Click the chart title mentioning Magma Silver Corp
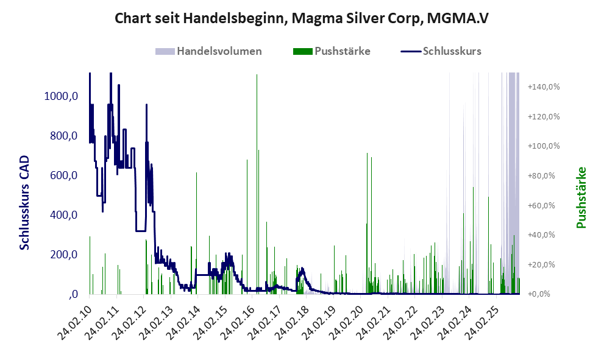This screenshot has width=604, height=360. point(302,19)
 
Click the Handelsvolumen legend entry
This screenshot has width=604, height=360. point(219,51)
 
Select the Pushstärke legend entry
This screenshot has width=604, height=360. point(342,51)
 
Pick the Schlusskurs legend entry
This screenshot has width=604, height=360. point(452,51)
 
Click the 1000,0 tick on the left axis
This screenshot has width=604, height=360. point(61,96)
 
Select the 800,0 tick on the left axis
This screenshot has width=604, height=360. point(63,136)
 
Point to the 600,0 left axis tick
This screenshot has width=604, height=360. point(63,175)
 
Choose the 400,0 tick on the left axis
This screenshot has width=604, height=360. point(63,215)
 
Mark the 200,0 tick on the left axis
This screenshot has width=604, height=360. point(63,255)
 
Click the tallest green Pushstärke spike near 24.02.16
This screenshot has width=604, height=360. point(257,76)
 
